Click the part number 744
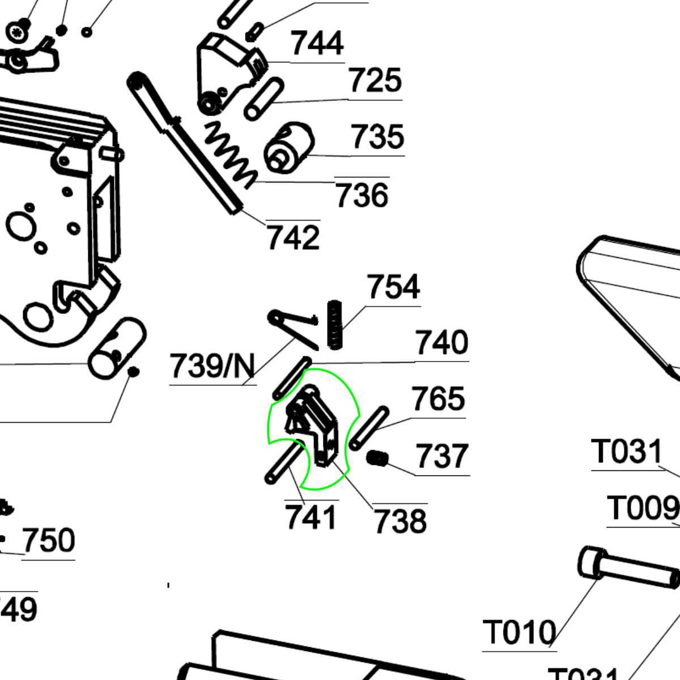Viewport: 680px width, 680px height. pyautogui.click(x=317, y=44)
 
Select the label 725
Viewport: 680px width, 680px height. pyautogui.click(x=375, y=81)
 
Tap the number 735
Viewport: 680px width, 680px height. pyautogui.click(x=377, y=137)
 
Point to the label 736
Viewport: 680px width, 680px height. pyautogui.click(x=362, y=195)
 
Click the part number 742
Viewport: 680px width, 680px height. pyautogui.click(x=293, y=238)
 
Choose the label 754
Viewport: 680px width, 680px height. pyautogui.click(x=393, y=287)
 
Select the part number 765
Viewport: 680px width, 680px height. pyautogui.click(x=438, y=399)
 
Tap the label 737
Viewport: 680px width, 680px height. pyautogui.click(x=442, y=457)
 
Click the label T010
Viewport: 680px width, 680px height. pyautogui.click(x=519, y=633)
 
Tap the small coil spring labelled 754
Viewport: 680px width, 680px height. pyautogui.click(x=335, y=324)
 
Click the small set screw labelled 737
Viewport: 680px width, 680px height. pyautogui.click(x=376, y=458)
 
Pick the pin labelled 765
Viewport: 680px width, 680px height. pyautogui.click(x=369, y=428)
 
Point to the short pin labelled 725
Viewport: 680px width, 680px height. pyautogui.click(x=263, y=99)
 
